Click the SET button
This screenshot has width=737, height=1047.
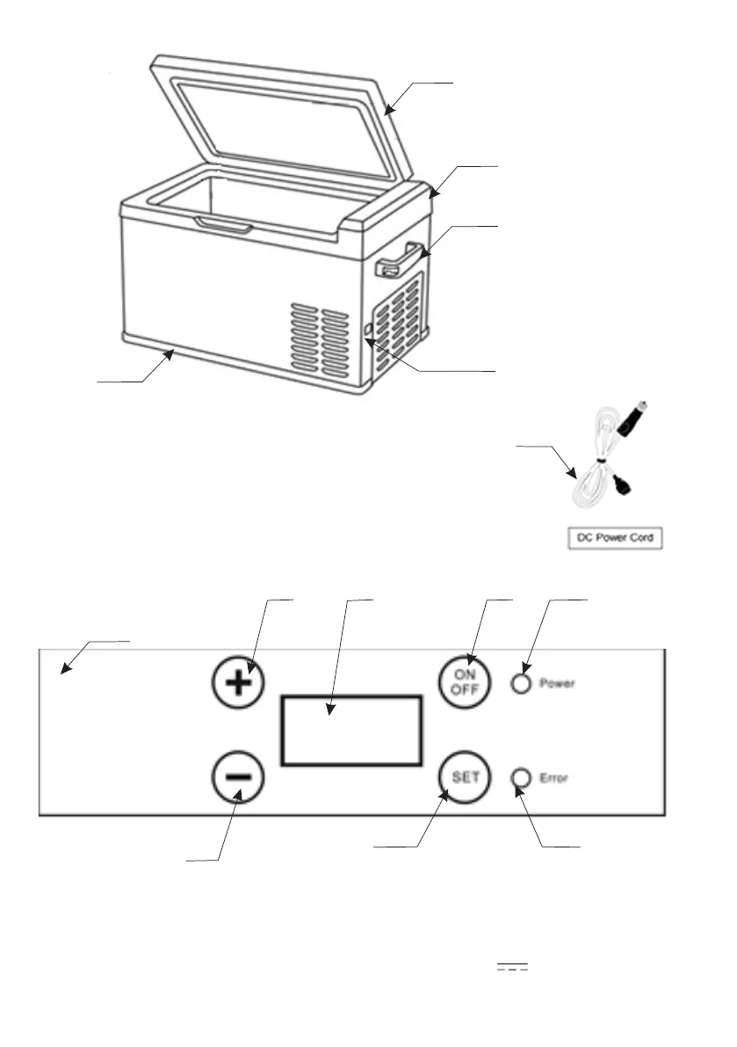tap(463, 778)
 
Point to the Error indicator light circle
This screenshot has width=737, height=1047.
tap(522, 778)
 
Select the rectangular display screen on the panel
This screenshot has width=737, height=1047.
tap(351, 730)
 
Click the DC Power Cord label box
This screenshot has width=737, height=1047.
tap(611, 538)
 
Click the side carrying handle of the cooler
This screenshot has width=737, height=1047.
tap(400, 260)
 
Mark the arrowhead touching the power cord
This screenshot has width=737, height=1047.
tap(574, 475)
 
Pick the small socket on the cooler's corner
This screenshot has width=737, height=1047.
tap(368, 331)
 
